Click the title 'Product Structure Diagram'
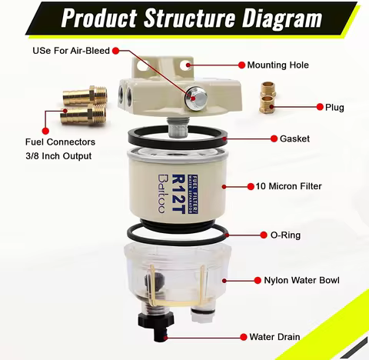click(x=184, y=17)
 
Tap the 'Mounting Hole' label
click(x=278, y=65)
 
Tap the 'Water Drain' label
click(x=274, y=337)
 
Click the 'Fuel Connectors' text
click(x=59, y=142)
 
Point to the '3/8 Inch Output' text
click(x=59, y=156)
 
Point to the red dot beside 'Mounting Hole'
click(x=241, y=65)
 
